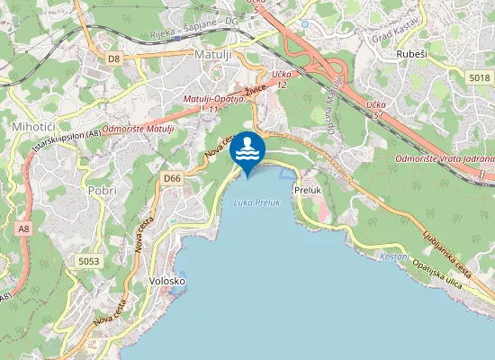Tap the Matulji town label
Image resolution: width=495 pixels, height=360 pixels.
point(213,55)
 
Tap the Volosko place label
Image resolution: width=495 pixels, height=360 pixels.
point(166,281)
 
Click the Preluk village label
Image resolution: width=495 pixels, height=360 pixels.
point(308,190)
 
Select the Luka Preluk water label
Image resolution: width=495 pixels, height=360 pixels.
point(256,202)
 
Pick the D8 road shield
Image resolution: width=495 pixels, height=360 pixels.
point(113,58)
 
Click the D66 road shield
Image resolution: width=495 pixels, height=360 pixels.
point(173,179)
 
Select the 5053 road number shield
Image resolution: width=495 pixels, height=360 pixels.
point(89,261)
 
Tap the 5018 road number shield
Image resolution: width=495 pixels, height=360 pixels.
point(479,79)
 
